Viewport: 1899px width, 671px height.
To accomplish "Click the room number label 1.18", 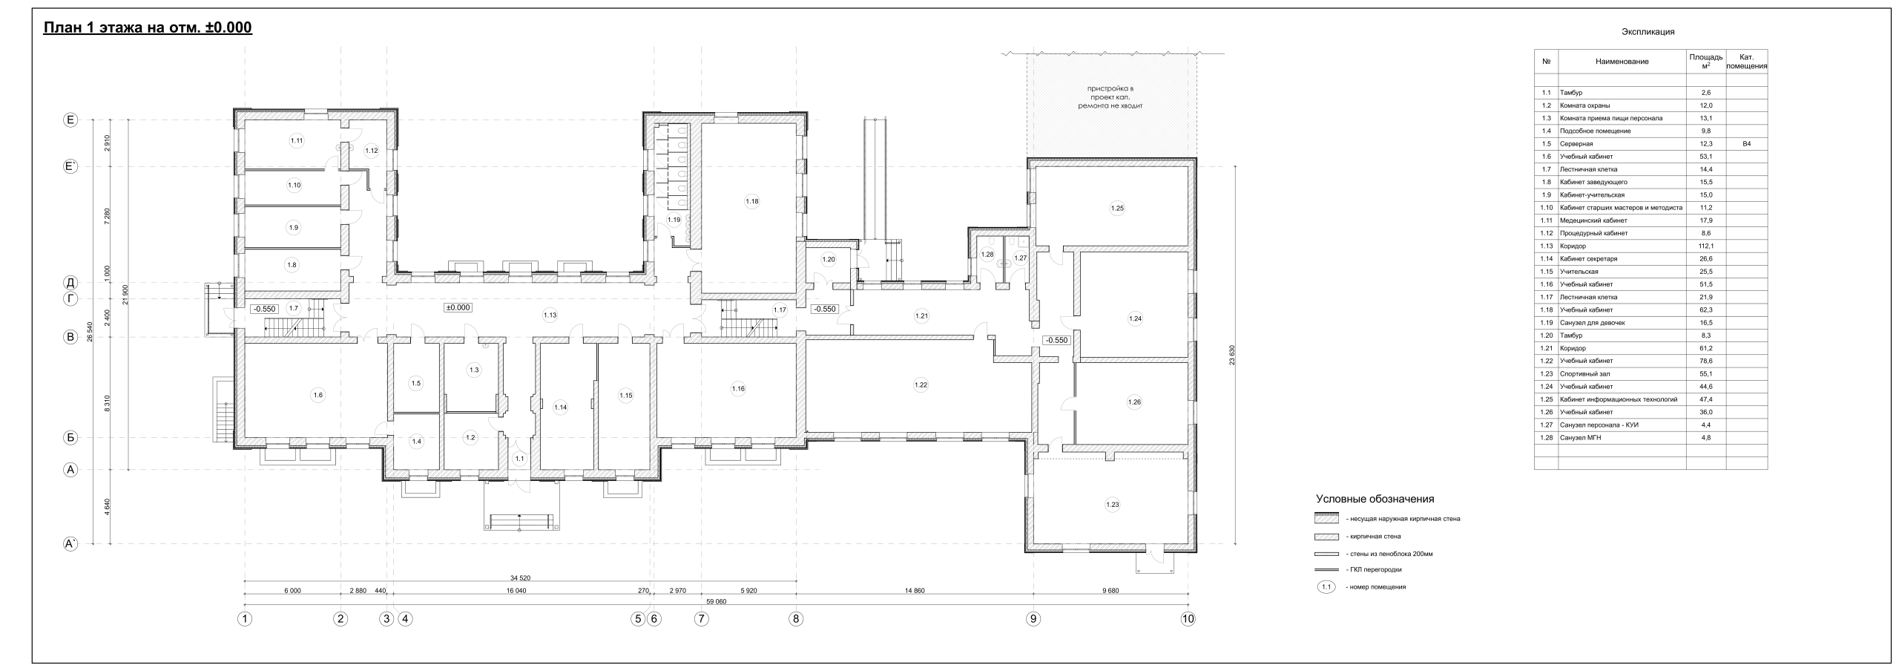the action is (752, 201).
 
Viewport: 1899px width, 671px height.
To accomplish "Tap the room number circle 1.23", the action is (1112, 505).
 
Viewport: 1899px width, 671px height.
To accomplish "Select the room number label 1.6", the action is (318, 395).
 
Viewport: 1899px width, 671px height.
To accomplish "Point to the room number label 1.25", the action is (1117, 209).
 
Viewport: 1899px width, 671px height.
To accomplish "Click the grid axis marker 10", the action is (1188, 618).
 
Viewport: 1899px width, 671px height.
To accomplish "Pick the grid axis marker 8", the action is (796, 618).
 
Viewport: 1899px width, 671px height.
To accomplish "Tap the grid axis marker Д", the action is (70, 283).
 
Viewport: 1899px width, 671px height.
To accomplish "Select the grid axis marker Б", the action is (70, 438).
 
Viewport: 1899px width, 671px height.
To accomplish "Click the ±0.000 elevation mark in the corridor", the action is (458, 307).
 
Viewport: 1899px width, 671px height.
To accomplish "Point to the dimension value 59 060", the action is (716, 602).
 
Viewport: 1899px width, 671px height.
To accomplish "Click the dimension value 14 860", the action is (915, 592).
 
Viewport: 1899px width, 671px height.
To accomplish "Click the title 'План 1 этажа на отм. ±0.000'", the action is (148, 28).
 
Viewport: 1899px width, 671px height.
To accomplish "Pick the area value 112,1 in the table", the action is (1705, 246).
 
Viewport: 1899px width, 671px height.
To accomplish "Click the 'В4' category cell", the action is (1746, 144).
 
